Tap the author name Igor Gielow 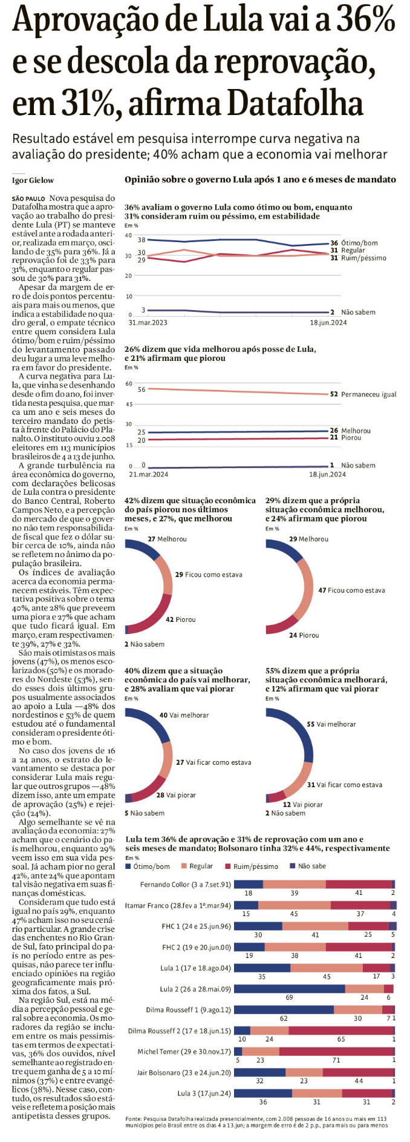[x=33, y=180]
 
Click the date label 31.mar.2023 [x=148, y=323]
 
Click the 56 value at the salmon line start [x=142, y=389]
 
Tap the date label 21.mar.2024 [x=148, y=474]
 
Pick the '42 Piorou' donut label [x=180, y=619]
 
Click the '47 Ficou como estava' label [x=351, y=590]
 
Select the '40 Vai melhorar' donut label [x=184, y=715]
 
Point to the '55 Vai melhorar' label [x=331, y=724]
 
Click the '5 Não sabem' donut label [x=144, y=813]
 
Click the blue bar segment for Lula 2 [x=289, y=989]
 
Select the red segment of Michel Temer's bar [x=336, y=1051]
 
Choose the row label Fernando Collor [x=185, y=885]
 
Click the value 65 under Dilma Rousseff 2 [x=341, y=1039]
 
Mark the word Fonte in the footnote [x=132, y=1118]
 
